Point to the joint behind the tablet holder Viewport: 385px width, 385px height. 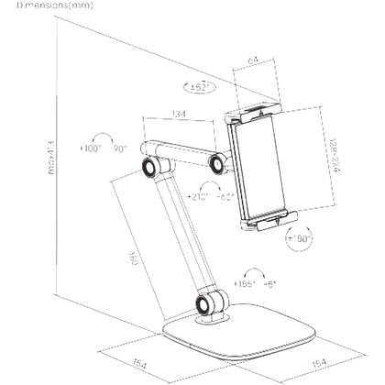218,164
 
